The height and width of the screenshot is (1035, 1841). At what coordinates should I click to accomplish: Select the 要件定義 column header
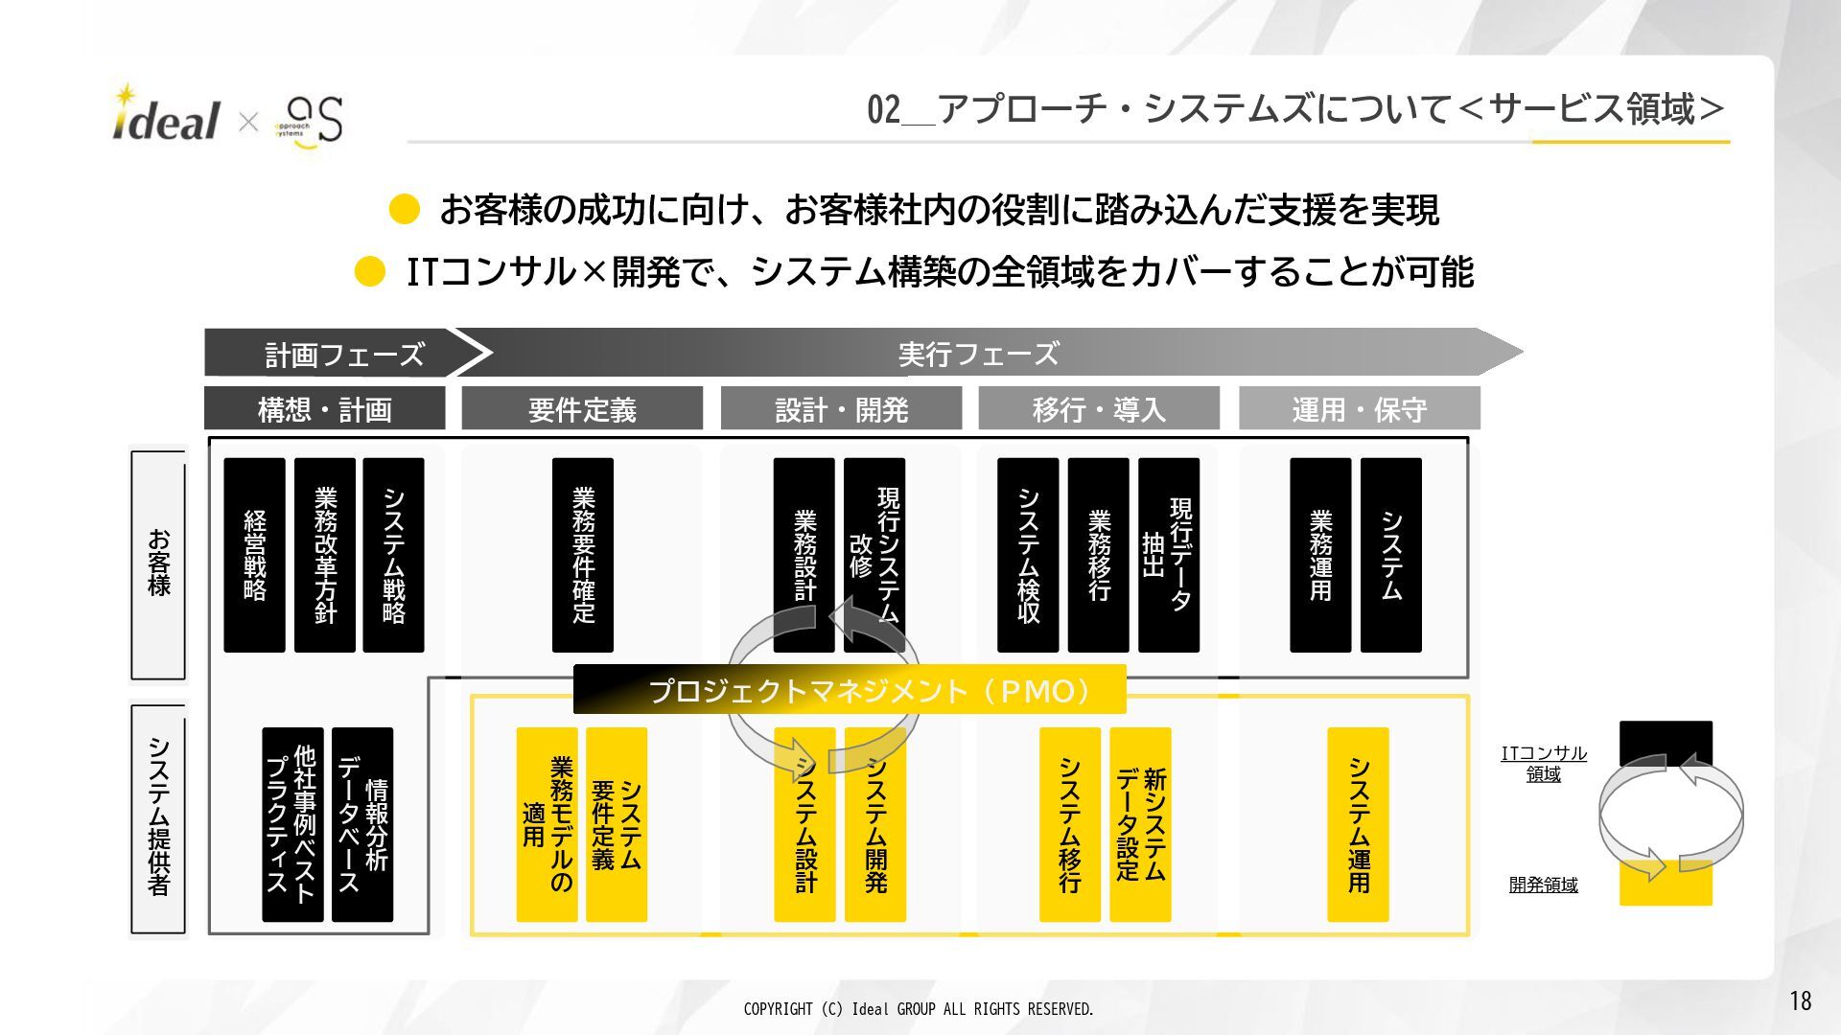tap(582, 409)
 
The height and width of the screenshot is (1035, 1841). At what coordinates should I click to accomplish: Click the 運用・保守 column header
tap(1359, 409)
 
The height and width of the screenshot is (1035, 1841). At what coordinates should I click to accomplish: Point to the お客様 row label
tap(158, 564)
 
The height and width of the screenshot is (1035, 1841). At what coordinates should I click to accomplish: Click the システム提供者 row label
tap(158, 817)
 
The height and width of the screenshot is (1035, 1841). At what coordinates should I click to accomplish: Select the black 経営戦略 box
tap(254, 555)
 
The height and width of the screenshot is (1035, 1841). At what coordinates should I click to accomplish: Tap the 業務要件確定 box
tap(583, 555)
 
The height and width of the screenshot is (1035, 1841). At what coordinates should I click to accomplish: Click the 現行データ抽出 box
tap(1168, 555)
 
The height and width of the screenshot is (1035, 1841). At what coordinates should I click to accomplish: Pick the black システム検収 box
tap(1028, 555)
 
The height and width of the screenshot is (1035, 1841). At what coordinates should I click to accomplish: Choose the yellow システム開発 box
tap(875, 824)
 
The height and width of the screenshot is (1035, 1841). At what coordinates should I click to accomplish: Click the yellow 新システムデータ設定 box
tap(1140, 824)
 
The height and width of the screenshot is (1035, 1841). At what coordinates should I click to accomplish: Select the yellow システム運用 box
tap(1358, 824)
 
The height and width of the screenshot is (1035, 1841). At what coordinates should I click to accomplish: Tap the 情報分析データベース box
tap(362, 824)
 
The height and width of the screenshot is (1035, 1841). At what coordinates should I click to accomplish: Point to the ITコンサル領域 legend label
tap(1544, 764)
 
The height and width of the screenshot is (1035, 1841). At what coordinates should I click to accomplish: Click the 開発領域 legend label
tap(1543, 885)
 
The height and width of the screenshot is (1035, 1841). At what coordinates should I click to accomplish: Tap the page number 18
tap(1800, 1001)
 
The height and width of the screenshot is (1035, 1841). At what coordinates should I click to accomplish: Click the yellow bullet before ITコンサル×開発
tap(370, 272)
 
